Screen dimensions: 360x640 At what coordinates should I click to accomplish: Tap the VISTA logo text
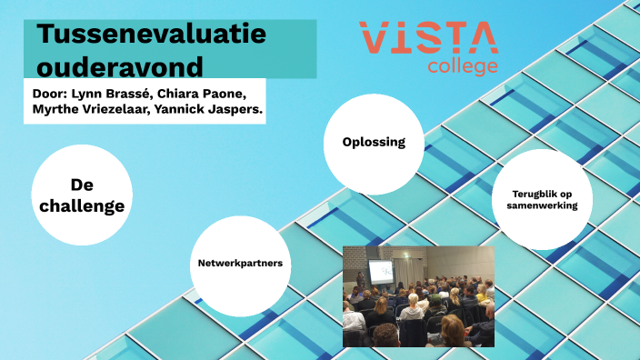click(x=428, y=39)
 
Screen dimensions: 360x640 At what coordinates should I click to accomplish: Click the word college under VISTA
click(x=463, y=66)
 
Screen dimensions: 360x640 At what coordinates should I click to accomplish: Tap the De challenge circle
click(x=83, y=195)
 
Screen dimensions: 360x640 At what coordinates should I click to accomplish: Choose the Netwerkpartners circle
click(x=240, y=263)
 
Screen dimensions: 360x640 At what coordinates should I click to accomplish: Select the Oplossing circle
click(x=373, y=143)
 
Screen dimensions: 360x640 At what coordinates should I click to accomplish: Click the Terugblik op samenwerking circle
click(x=542, y=199)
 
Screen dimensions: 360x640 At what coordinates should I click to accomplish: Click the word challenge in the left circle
click(x=83, y=205)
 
